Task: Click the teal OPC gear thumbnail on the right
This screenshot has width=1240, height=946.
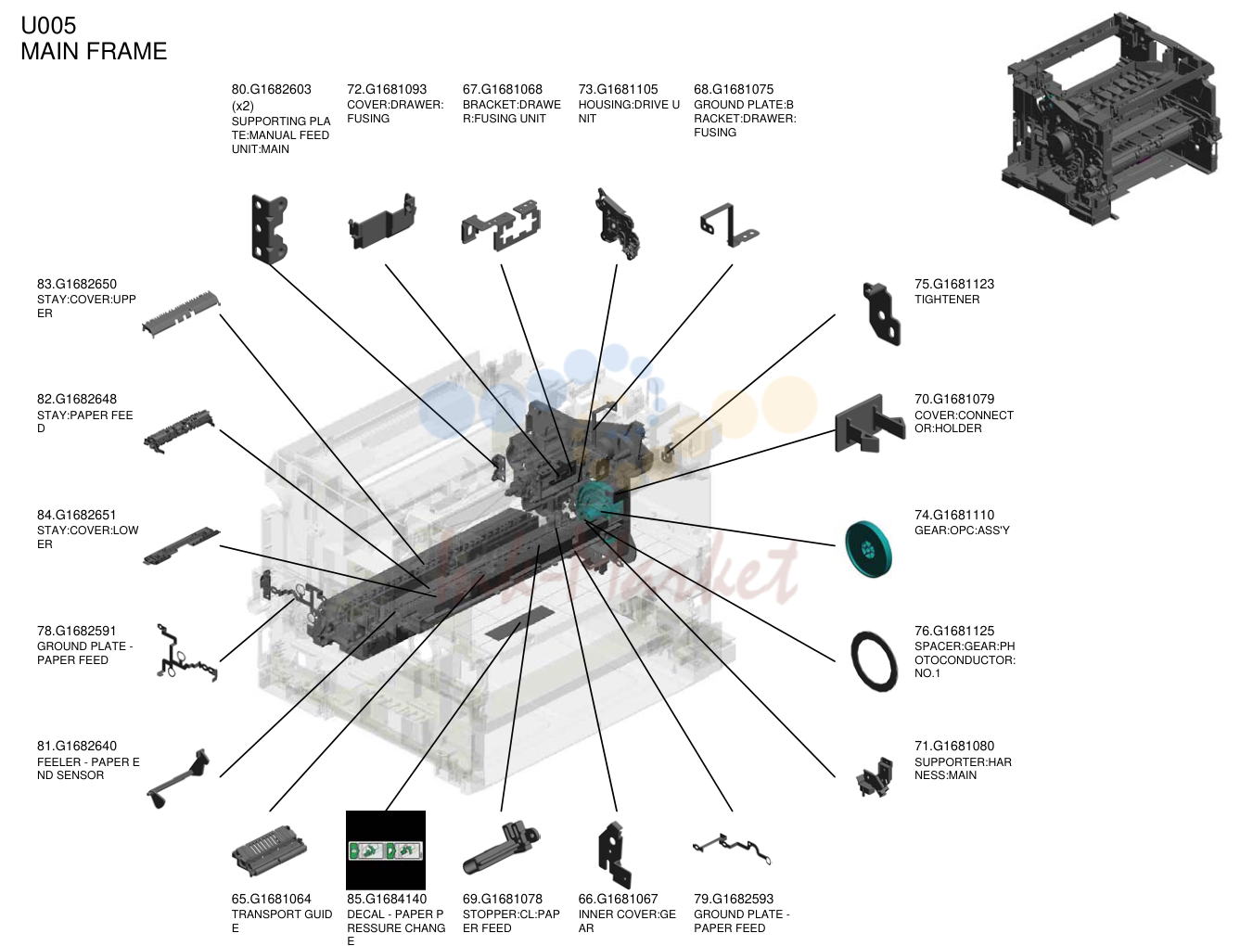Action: tap(868, 549)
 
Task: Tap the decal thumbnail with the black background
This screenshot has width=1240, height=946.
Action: tap(385, 850)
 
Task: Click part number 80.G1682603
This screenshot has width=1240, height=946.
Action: tap(271, 89)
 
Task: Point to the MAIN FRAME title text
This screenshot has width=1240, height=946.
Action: tap(94, 51)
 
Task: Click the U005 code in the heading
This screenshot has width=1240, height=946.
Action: tap(48, 25)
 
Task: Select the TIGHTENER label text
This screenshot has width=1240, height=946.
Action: tap(947, 300)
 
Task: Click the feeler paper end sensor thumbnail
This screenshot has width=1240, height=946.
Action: tap(176, 780)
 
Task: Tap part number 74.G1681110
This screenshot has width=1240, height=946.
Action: tap(954, 515)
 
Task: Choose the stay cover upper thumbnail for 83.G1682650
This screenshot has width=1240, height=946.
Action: tap(181, 314)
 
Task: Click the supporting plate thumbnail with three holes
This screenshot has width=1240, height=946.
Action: tap(269, 229)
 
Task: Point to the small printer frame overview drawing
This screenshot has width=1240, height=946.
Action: tap(1111, 119)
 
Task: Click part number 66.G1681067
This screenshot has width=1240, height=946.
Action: tap(618, 899)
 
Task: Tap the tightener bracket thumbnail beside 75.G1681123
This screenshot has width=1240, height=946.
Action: tap(881, 314)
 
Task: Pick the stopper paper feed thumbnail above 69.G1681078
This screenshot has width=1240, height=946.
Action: tap(501, 849)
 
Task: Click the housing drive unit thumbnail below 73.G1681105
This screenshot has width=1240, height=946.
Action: tap(617, 224)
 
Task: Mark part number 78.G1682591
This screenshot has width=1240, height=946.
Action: tap(76, 631)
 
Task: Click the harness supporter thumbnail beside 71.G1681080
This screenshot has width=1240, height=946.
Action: tap(876, 777)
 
